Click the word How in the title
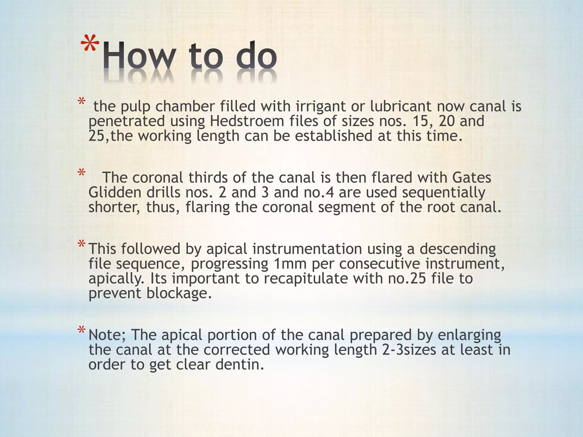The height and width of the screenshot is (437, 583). click(137, 56)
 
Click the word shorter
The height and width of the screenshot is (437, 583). click(114, 207)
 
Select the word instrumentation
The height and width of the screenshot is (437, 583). click(307, 249)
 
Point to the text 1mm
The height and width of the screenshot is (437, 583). click(290, 264)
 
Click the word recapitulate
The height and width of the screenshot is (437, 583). click(305, 279)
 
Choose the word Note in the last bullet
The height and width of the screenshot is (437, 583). click(107, 335)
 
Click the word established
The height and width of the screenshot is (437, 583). click(333, 136)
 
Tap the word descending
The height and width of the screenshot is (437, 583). click(457, 249)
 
